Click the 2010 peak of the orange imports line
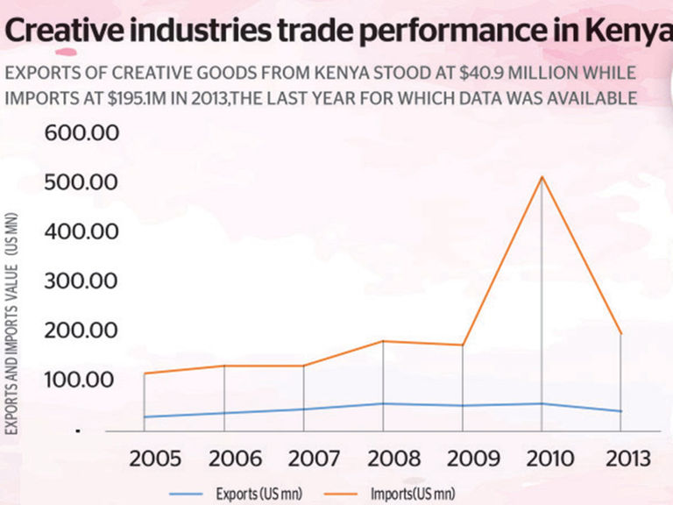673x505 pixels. point(541,177)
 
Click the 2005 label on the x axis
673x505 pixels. point(156,459)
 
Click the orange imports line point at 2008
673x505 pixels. point(383,341)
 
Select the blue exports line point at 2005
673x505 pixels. point(145,417)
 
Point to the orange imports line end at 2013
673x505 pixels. point(620,334)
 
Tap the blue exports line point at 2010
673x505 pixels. point(541,404)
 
